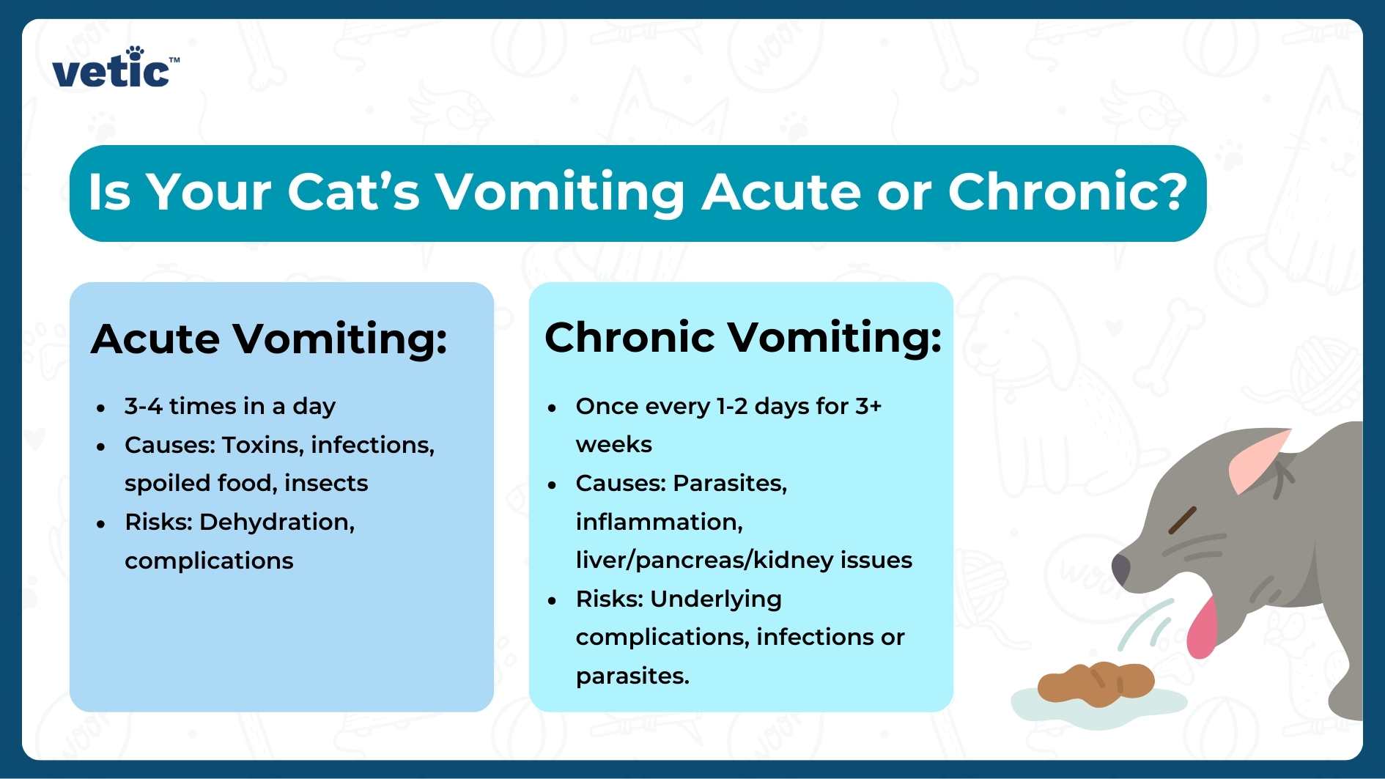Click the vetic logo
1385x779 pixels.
[114, 70]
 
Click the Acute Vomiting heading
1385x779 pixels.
[269, 339]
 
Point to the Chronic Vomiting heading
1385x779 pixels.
[742, 338]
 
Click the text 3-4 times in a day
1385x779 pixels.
[229, 406]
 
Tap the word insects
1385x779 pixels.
[326, 483]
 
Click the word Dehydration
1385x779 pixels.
[276, 522]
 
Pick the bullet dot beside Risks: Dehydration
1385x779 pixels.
[101, 524]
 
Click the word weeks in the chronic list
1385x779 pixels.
[613, 445]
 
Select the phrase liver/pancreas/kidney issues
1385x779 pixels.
[743, 560]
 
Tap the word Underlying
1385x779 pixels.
[715, 599]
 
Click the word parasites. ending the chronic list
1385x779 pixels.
[632, 676]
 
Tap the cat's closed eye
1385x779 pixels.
[1181, 520]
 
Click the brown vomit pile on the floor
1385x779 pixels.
[1096, 684]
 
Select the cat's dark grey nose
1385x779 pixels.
[1120, 569]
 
